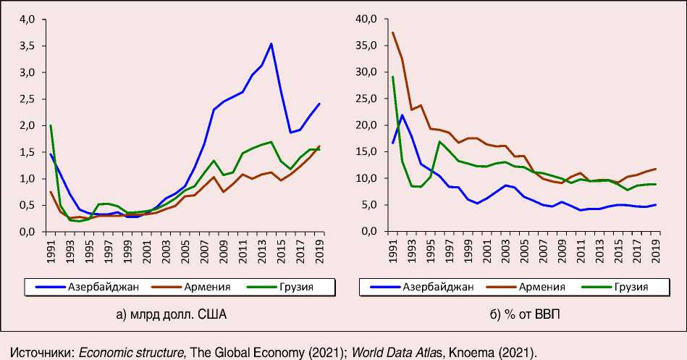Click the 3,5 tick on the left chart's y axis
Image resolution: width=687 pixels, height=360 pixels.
tap(26, 46)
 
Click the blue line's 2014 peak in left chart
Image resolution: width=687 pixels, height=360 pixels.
tap(271, 43)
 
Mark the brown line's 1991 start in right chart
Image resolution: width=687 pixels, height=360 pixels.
tap(392, 33)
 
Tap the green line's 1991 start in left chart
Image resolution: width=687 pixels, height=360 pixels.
tap(51, 125)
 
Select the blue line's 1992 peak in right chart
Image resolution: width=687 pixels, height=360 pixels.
tap(402, 115)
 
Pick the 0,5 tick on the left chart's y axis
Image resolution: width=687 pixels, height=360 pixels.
tap(26, 205)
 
